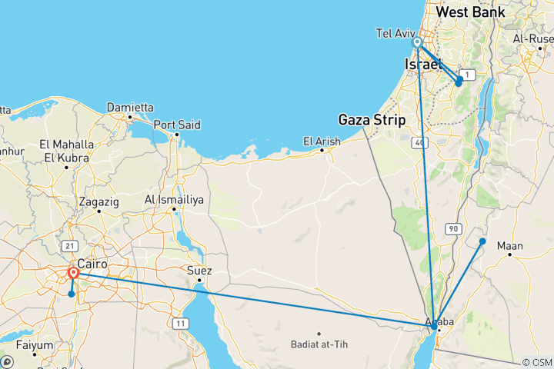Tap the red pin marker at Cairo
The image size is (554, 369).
tap(74, 274)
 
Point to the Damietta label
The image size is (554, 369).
tap(129, 107)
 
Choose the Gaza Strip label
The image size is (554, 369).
tap(375, 119)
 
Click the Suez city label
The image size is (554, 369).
tap(199, 271)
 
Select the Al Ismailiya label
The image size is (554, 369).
tap(174, 200)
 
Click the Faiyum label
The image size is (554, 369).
tap(33, 345)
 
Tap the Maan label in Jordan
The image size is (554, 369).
tap(510, 246)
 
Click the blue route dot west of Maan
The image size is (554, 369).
tap(482, 241)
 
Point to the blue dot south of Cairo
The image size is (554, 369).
tap(71, 294)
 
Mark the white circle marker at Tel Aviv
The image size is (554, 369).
tap(417, 42)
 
